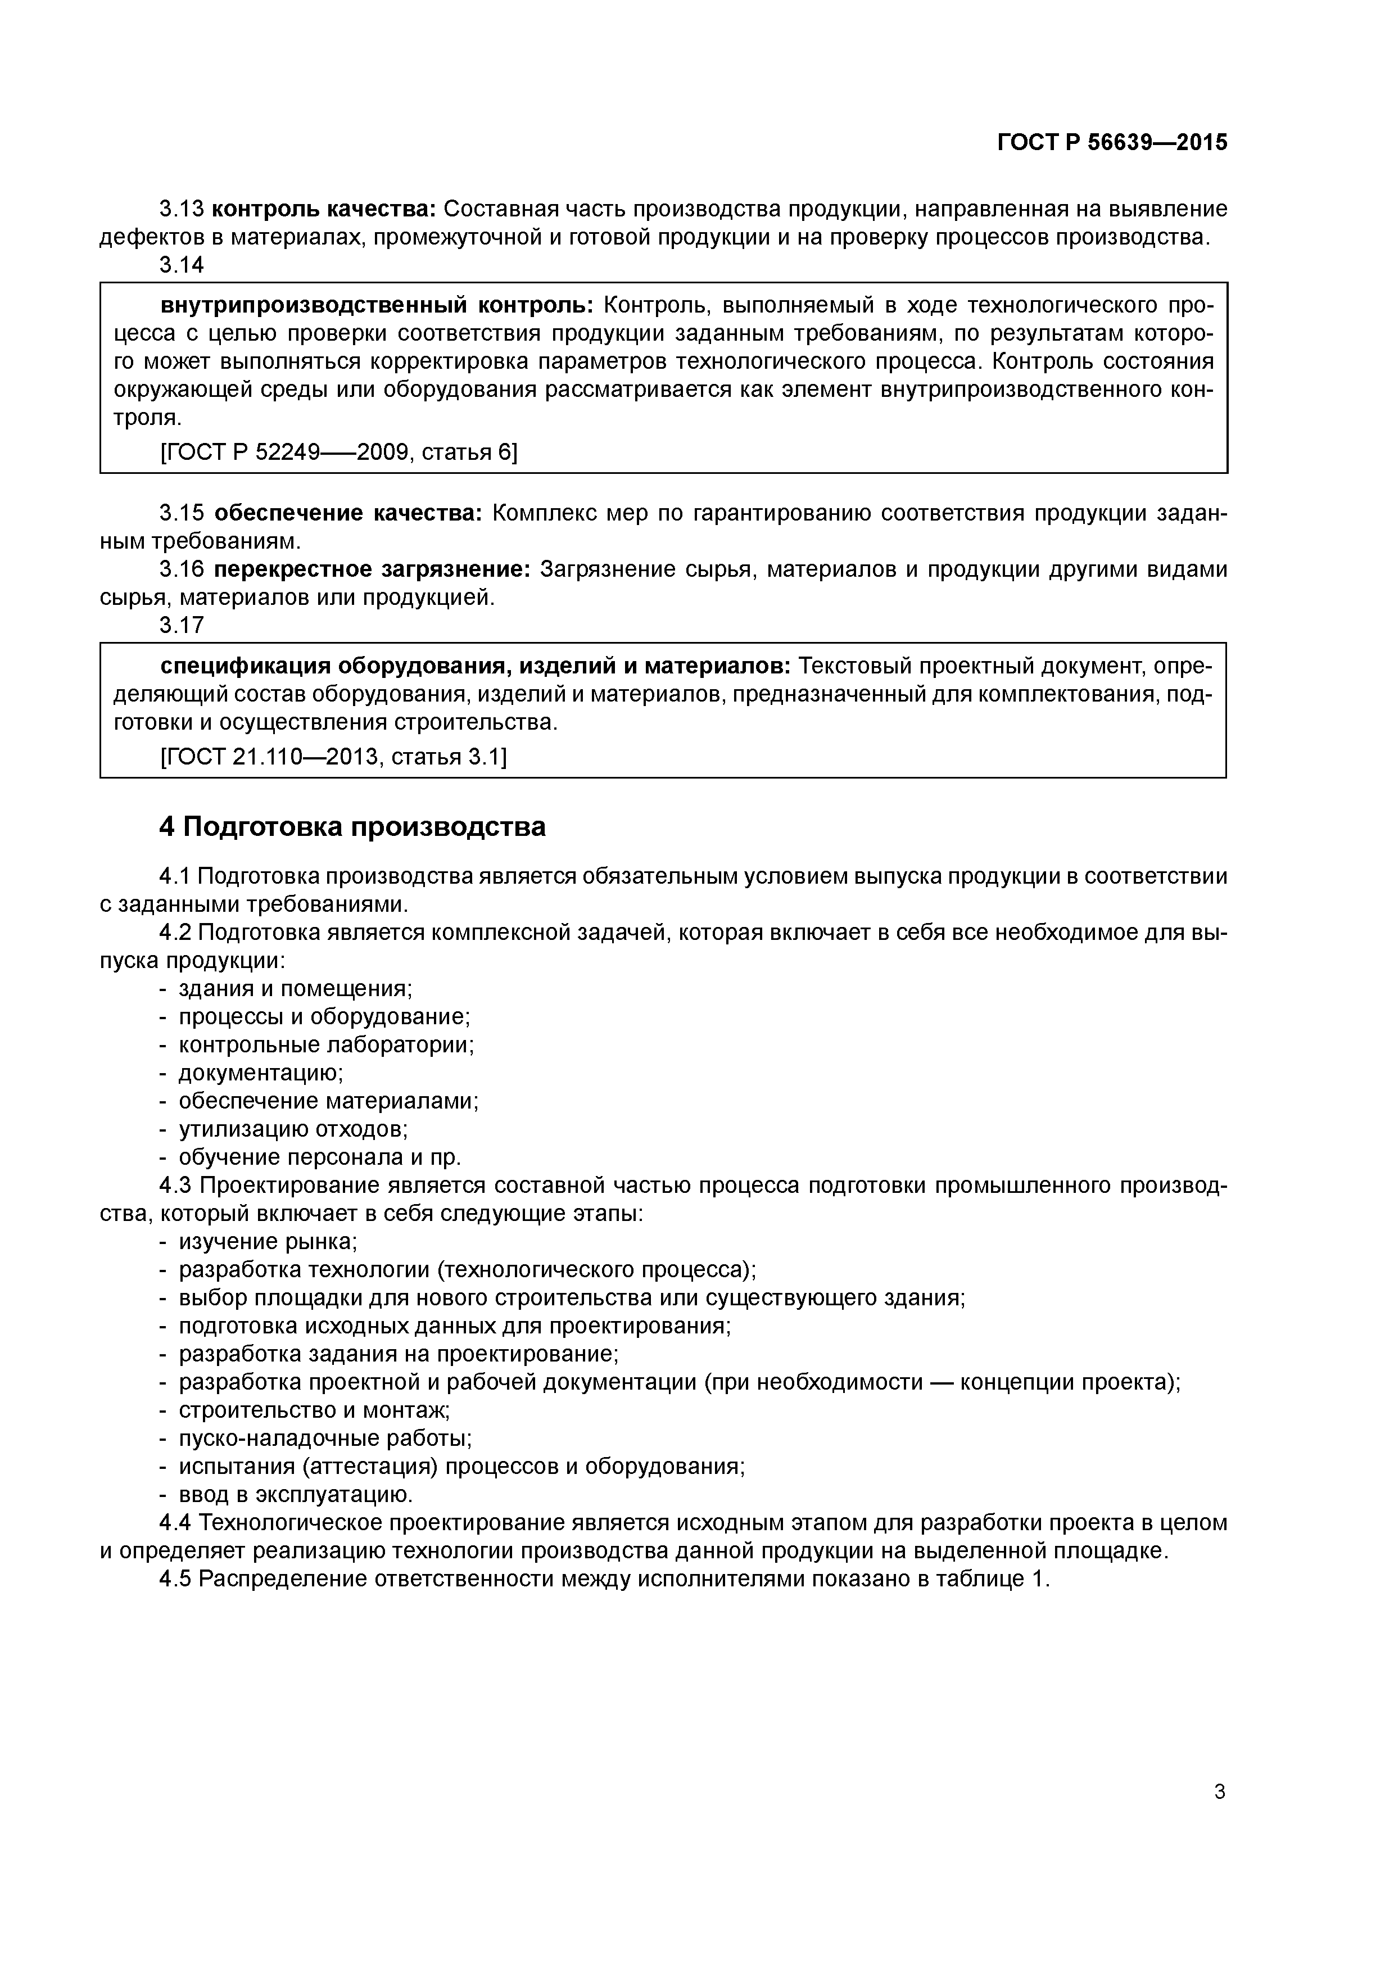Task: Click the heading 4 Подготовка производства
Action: (352, 826)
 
